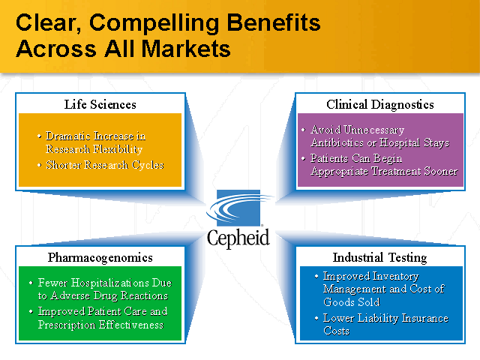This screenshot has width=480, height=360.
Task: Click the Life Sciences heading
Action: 100,104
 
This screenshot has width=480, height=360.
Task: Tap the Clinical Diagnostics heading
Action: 379,104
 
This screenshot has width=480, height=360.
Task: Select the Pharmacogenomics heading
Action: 100,257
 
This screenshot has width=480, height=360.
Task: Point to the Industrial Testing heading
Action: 379,257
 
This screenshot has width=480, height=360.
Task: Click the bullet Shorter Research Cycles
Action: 104,165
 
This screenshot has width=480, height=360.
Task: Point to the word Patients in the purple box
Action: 332,159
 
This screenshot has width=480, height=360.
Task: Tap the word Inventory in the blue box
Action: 394,276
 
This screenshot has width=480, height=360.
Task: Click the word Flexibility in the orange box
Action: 119,148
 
